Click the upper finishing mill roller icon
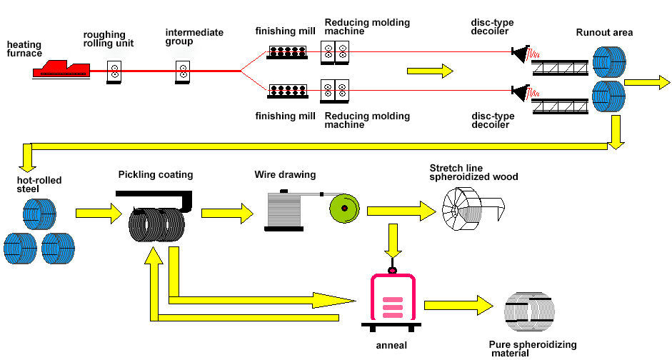[287, 52]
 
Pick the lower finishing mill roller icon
[287, 90]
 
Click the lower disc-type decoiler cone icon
[518, 91]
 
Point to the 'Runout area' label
[604, 33]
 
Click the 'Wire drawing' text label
[285, 175]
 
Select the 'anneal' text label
[391, 345]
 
